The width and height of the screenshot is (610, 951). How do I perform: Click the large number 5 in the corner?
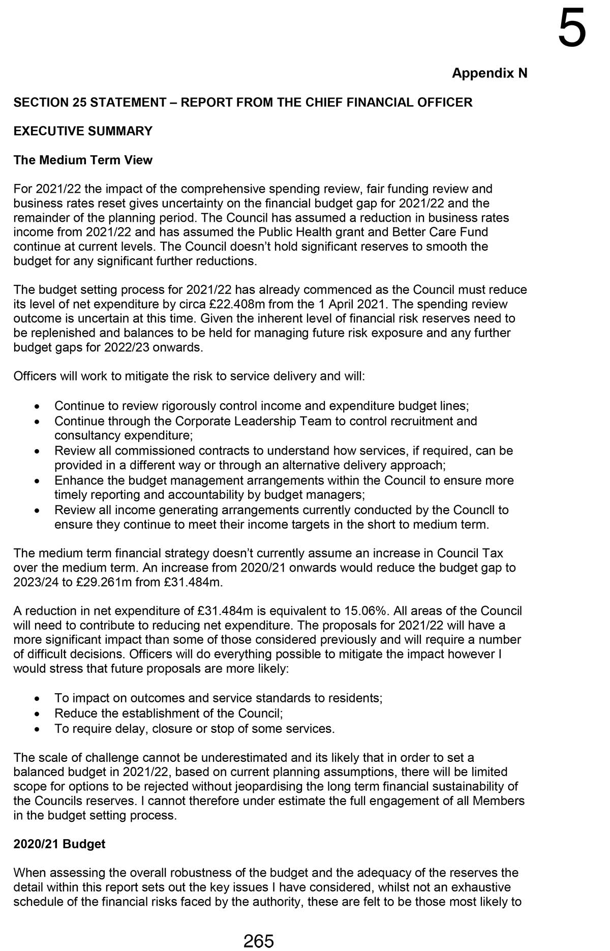point(572,29)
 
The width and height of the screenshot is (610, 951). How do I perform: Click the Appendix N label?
point(490,73)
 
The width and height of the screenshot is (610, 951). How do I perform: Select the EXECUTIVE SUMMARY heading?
point(83,131)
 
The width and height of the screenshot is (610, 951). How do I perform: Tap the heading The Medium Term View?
point(83,160)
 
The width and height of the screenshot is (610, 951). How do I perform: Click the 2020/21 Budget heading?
point(59,844)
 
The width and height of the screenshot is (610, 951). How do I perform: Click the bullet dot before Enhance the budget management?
point(37,481)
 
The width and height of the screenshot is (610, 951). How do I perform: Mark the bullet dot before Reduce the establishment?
point(37,714)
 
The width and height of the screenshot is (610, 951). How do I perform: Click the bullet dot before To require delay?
point(37,729)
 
